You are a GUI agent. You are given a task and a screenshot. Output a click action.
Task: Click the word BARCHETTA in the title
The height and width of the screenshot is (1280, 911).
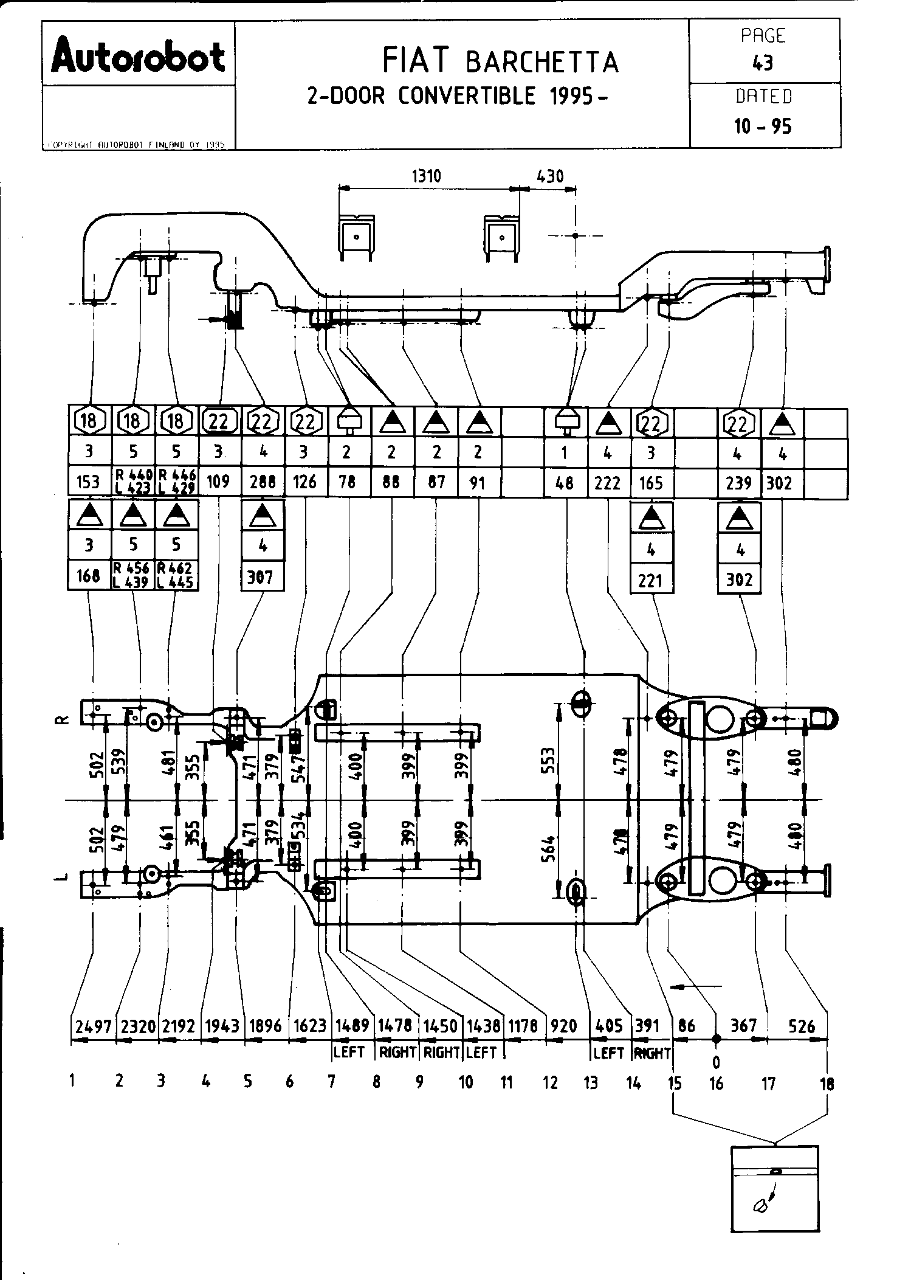(542, 62)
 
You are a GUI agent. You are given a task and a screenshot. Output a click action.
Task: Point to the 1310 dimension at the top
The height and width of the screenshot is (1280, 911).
(426, 176)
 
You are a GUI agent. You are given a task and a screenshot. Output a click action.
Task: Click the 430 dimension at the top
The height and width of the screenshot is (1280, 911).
(549, 176)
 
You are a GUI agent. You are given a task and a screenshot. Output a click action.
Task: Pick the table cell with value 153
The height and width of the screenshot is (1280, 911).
(88, 482)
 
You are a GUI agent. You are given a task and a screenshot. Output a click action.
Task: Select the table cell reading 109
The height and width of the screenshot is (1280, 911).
(218, 482)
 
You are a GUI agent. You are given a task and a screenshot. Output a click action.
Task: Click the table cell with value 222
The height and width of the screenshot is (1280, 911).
(608, 483)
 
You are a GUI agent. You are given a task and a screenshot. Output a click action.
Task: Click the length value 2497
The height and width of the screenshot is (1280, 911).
(92, 1026)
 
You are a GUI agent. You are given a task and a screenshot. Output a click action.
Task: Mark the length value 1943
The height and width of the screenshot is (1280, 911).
(222, 1026)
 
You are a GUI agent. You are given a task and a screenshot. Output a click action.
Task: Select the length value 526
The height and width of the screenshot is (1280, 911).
(801, 1026)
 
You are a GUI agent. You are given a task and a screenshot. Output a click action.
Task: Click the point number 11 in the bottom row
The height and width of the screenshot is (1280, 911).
(506, 1082)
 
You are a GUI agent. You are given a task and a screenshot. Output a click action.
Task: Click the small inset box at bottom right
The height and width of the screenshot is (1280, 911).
(774, 1189)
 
